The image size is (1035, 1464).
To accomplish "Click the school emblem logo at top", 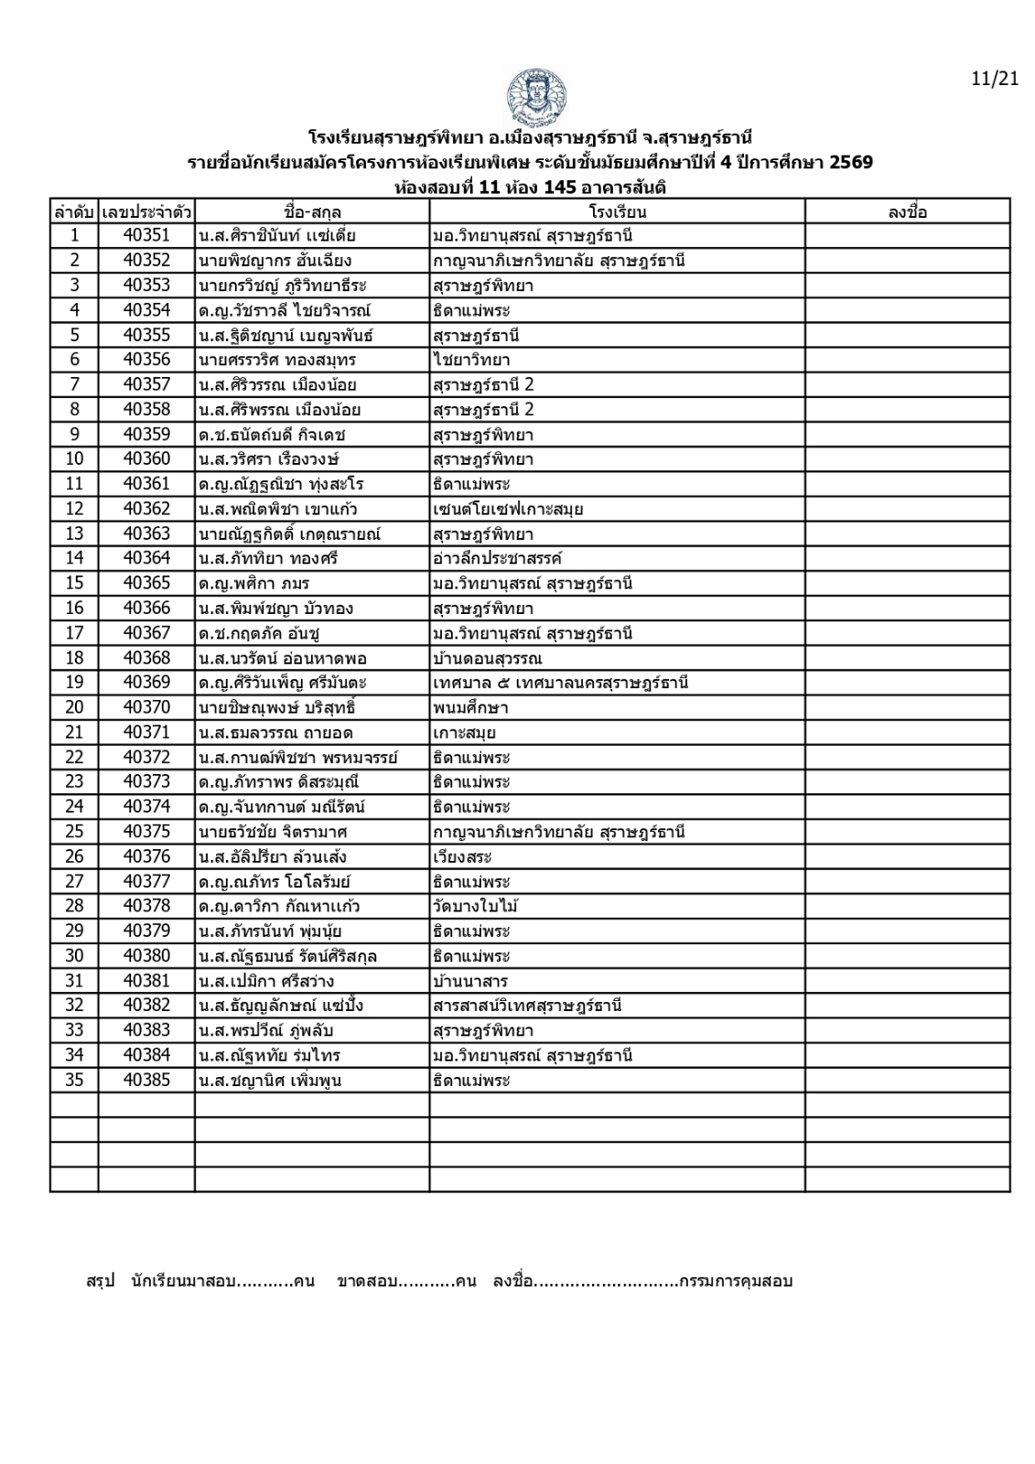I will click(535, 97).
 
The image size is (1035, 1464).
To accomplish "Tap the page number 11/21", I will click(995, 79).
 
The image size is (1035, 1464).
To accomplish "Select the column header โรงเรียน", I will click(618, 211).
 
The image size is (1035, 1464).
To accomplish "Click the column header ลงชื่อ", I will click(907, 211).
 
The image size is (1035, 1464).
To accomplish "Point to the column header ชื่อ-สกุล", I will click(312, 211).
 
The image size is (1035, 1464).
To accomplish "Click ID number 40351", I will click(146, 236).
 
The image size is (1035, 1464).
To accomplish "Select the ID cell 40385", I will click(146, 1080).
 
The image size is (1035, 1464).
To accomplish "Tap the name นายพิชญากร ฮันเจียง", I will click(275, 261).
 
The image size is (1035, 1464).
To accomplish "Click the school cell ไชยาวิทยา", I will click(472, 360).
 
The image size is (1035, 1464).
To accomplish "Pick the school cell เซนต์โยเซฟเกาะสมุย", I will click(509, 509).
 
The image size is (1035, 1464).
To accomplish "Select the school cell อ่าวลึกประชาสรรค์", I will click(498, 558).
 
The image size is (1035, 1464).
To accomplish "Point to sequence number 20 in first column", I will click(74, 707).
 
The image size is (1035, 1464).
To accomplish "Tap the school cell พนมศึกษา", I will click(471, 707).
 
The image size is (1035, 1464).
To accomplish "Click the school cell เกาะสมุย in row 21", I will click(465, 732).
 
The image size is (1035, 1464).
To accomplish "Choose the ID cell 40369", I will click(146, 683).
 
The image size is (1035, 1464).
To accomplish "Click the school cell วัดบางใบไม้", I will click(478, 906).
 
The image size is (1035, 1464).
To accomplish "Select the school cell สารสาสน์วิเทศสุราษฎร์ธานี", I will click(528, 1006).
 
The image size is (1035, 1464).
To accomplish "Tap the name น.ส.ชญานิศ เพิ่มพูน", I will click(270, 1080).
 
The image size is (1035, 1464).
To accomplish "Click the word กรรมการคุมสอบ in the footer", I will click(736, 1280).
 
